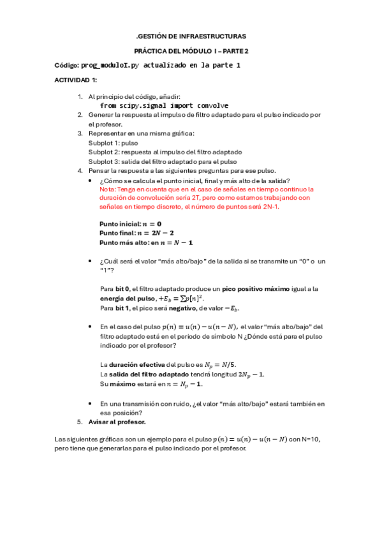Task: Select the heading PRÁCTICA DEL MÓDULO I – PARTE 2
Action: (x=191, y=51)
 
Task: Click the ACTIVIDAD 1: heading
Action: (x=76, y=80)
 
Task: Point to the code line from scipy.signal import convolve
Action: (x=164, y=105)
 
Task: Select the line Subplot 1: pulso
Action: (x=113, y=143)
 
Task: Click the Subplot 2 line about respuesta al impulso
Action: (x=165, y=152)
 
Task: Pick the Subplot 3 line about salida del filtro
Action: (x=163, y=162)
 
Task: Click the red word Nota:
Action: (x=108, y=189)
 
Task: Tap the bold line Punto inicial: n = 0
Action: (x=131, y=224)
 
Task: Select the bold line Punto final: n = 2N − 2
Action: (x=136, y=233)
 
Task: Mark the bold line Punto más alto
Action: (x=146, y=243)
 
